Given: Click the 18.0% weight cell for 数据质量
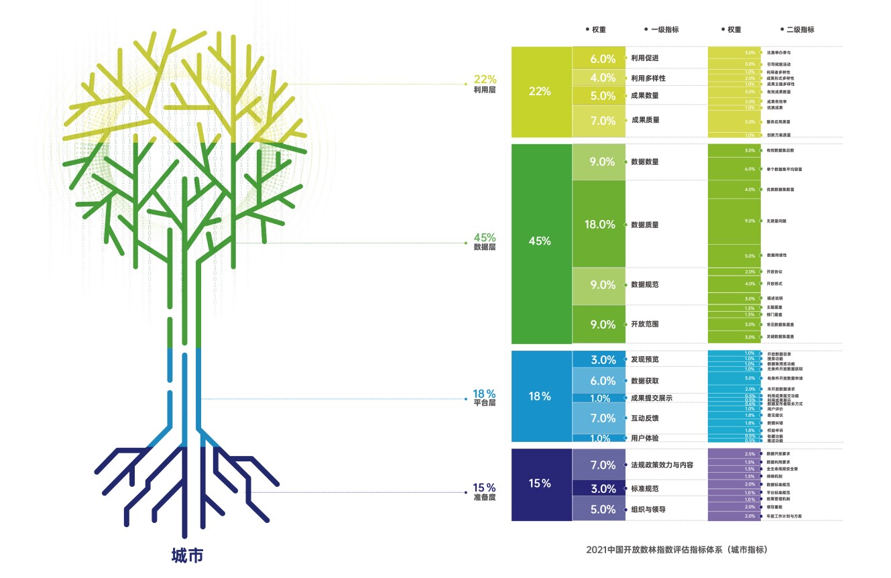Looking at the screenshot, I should [599, 225].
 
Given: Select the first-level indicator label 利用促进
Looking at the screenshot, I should [644, 58].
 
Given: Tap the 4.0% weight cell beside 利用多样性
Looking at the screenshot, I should [603, 78].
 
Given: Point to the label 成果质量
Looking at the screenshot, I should [645, 120].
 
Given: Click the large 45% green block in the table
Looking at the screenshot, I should [540, 241].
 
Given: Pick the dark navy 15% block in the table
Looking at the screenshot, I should [540, 483].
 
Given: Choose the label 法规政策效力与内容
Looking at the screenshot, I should [662, 465].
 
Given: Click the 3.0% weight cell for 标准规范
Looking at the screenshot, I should [603, 489].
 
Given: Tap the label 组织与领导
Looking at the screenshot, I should [649, 510].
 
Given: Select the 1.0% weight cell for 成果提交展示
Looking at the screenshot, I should [601, 398].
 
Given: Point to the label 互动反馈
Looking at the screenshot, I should [644, 418].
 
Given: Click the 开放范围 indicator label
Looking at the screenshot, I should [644, 325].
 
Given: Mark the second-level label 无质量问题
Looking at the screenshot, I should [776, 221].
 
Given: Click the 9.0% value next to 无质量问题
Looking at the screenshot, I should [750, 221].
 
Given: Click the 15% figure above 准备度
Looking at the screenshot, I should [485, 487].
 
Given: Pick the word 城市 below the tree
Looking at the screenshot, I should [187, 556].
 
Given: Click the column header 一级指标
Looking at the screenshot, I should [664, 30].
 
